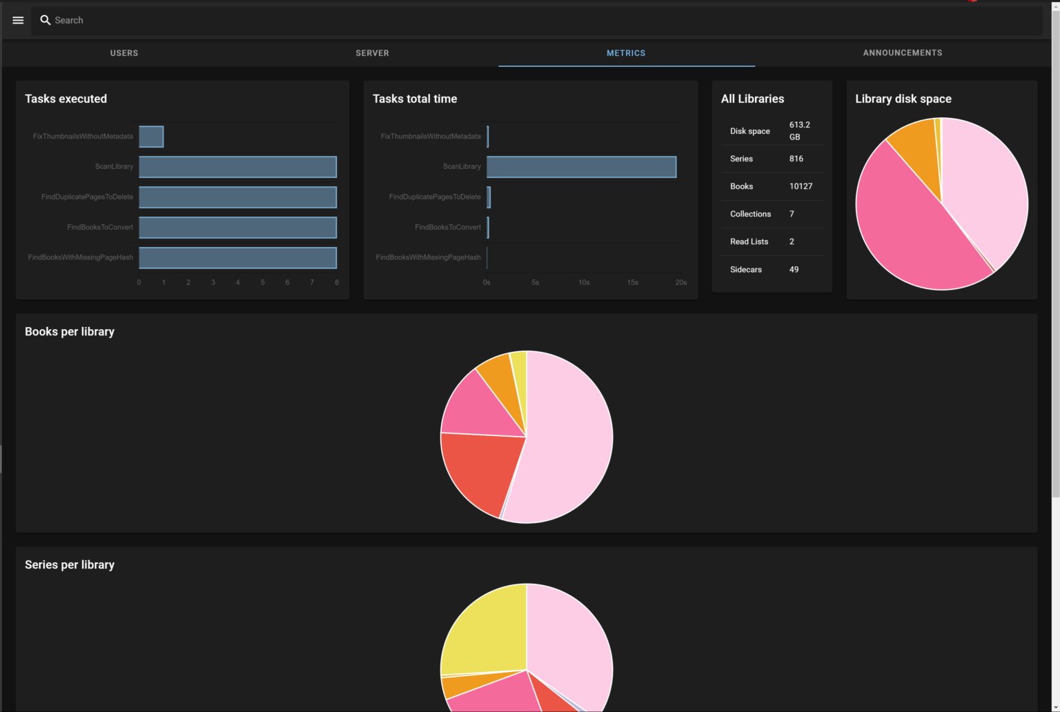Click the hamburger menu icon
pyautogui.click(x=18, y=20)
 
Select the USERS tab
pyautogui.click(x=124, y=53)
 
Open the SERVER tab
pyautogui.click(x=372, y=53)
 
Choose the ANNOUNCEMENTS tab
pyautogui.click(x=902, y=53)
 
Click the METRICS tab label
pyautogui.click(x=626, y=53)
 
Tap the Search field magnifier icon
pyautogui.click(x=46, y=20)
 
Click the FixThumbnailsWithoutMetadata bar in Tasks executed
pyautogui.click(x=151, y=137)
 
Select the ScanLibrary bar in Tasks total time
pyautogui.click(x=581, y=167)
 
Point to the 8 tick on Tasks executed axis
pyautogui.click(x=337, y=282)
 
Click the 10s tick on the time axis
pyautogui.click(x=584, y=282)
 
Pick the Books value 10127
pyautogui.click(x=801, y=186)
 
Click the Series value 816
pyautogui.click(x=796, y=159)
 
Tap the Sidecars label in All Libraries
pyautogui.click(x=745, y=270)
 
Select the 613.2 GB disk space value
pyautogui.click(x=799, y=131)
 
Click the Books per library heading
pyautogui.click(x=70, y=332)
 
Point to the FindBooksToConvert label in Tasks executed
pyautogui.click(x=100, y=227)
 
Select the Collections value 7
pyautogui.click(x=792, y=214)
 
